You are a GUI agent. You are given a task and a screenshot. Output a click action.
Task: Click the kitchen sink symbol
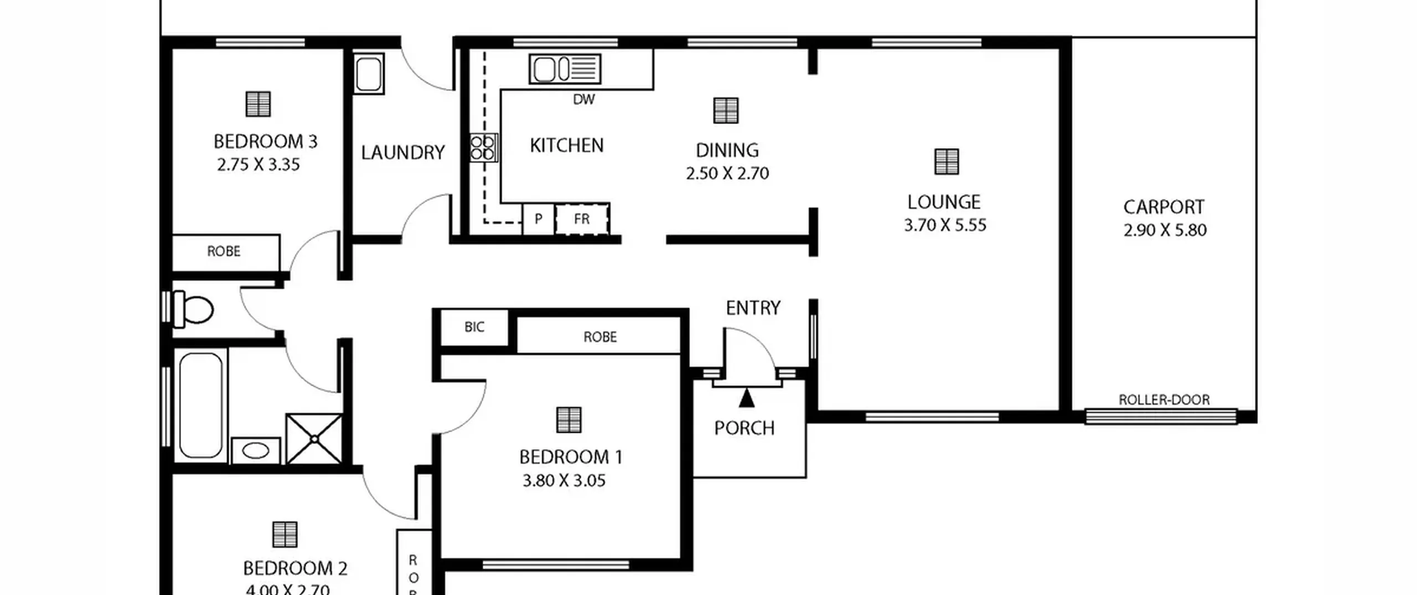point(565,69)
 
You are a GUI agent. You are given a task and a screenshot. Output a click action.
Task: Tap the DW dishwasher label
point(584,100)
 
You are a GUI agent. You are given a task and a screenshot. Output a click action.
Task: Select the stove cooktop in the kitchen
point(483,148)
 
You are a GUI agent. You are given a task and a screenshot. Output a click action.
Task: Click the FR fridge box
point(582,219)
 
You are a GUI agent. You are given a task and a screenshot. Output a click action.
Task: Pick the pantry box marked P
point(539,219)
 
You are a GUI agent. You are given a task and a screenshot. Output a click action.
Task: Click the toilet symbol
point(193,309)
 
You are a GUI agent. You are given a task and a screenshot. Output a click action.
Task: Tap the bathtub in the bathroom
point(200,406)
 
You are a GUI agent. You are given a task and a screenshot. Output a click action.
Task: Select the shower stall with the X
point(314,438)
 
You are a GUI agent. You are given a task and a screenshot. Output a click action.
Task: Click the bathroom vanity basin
point(255,450)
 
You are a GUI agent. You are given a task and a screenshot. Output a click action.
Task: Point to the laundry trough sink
point(368,74)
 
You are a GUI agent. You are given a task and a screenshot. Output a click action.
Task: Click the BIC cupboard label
point(474,327)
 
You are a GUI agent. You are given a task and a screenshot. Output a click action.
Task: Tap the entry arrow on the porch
point(747,398)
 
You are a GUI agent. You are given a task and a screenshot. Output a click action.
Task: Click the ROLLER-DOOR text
point(1164,400)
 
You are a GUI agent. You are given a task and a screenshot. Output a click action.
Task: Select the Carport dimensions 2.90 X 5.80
point(1165,230)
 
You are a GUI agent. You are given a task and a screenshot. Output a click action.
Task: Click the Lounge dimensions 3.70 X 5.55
point(945,225)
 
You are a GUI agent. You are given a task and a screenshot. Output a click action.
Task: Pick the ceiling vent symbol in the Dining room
point(726,111)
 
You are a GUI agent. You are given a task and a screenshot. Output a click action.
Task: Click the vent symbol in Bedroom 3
point(258,104)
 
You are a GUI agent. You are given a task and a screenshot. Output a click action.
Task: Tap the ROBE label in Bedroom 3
point(224,252)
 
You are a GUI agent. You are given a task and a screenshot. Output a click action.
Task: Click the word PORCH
point(744,428)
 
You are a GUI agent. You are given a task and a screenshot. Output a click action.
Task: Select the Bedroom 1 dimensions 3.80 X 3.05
point(564,480)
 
